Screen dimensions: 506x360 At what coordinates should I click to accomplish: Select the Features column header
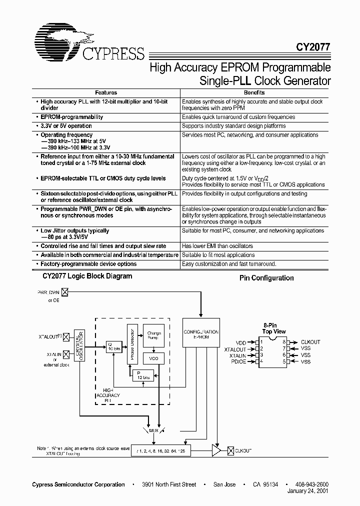coord(106,92)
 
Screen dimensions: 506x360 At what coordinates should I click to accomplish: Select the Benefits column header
coord(254,92)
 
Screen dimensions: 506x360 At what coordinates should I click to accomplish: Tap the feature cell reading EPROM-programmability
coord(72,117)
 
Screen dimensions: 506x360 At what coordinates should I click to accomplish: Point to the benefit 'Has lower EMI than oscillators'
coord(217,246)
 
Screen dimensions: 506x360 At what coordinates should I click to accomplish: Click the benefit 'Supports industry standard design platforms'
coord(233,126)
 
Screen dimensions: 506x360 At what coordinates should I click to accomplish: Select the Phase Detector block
coord(131,343)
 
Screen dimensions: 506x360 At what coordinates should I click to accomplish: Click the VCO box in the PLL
coord(153,358)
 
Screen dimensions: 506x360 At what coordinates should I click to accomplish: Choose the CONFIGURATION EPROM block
coord(200,334)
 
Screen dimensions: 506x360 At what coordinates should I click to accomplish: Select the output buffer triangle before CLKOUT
coord(216,450)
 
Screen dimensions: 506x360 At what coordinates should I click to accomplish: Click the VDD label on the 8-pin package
coord(241,342)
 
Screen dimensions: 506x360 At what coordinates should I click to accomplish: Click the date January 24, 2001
coord(308,491)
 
